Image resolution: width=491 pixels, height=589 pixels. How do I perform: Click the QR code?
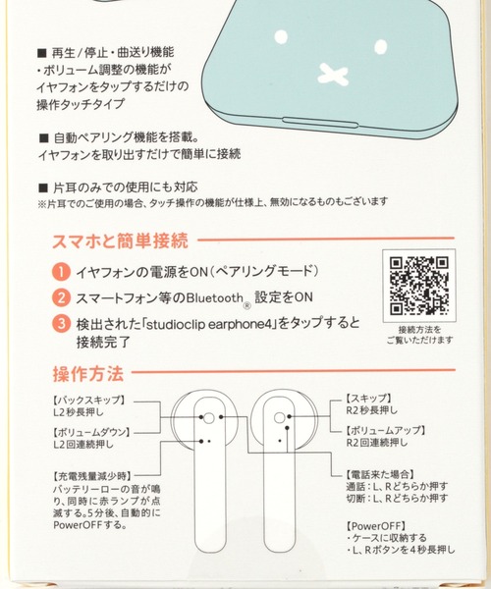pyautogui.click(x=419, y=286)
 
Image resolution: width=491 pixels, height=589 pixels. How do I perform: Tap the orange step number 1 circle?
pyautogui.click(x=61, y=272)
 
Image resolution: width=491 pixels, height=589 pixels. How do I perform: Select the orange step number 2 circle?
pyautogui.click(x=61, y=297)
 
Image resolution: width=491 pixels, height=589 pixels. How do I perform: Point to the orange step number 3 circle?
pyautogui.click(x=61, y=323)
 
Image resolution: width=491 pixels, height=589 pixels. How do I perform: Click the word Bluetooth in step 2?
pyautogui.click(x=215, y=298)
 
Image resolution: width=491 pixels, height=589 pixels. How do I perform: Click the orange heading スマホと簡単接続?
pyautogui.click(x=120, y=241)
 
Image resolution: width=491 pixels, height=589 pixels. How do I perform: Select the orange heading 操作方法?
pyautogui.click(x=88, y=374)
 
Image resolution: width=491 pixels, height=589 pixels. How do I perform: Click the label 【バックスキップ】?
pyautogui.click(x=89, y=400)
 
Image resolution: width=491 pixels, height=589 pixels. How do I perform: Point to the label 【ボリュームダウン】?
pyautogui.click(x=91, y=432)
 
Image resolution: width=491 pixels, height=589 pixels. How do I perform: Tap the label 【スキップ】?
pyautogui.click(x=368, y=398)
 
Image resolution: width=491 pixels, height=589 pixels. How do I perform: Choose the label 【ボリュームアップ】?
pyautogui.click(x=386, y=430)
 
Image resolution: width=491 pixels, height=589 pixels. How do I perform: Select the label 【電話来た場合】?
pyautogui.click(x=380, y=474)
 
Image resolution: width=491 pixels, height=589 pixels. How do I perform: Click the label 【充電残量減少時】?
pyautogui.click(x=92, y=476)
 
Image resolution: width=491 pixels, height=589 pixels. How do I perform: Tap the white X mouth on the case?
pyautogui.click(x=333, y=74)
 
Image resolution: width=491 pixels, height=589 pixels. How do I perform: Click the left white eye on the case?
pyautogui.click(x=281, y=37)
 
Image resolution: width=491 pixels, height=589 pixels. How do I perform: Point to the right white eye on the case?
pyautogui.click(x=381, y=46)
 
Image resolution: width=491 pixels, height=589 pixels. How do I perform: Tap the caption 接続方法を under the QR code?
pyautogui.click(x=419, y=330)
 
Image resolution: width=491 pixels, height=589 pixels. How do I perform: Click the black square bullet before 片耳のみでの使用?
pyautogui.click(x=43, y=187)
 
